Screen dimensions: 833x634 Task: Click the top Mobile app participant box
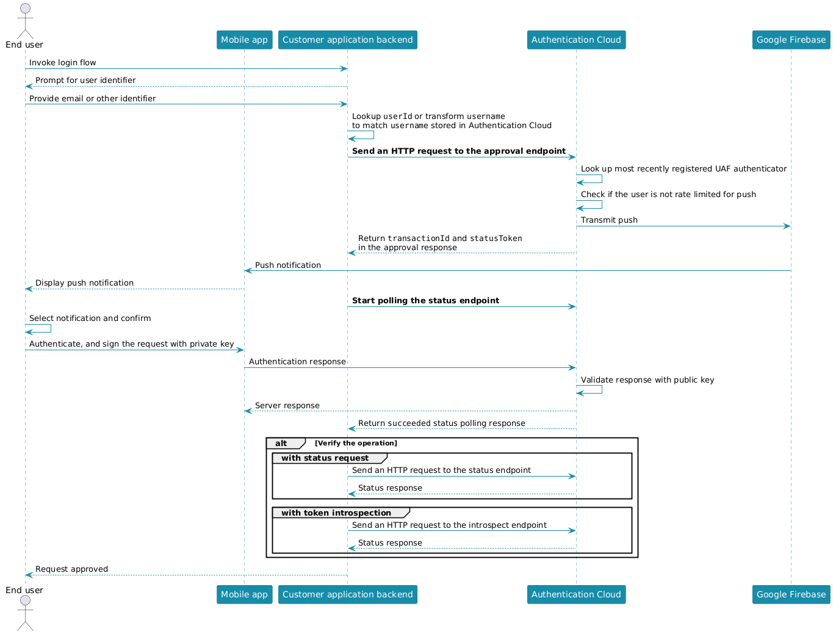pos(244,40)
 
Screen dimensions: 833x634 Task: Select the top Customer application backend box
pos(347,40)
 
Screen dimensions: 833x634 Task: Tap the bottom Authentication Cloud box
pos(575,594)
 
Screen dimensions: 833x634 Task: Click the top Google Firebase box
pos(791,40)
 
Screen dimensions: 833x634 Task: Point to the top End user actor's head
pos(25,8)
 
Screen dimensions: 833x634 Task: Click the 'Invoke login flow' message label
pos(63,63)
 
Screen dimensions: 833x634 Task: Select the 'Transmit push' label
pos(608,220)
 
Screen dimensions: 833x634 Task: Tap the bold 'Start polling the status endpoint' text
pos(425,300)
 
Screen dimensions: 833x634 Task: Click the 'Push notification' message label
pos(287,265)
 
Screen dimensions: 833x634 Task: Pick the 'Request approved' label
pos(71,569)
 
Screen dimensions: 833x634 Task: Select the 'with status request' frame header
pos(325,458)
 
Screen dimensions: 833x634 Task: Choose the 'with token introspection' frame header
pos(336,513)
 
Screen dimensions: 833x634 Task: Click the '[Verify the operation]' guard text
pos(356,443)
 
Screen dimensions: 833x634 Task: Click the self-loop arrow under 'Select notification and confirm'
pos(51,328)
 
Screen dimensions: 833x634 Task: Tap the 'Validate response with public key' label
pos(647,380)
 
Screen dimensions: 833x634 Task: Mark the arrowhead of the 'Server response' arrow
pos(248,411)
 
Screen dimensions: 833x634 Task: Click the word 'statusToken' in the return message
pos(496,238)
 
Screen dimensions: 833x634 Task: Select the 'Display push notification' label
pos(84,283)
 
